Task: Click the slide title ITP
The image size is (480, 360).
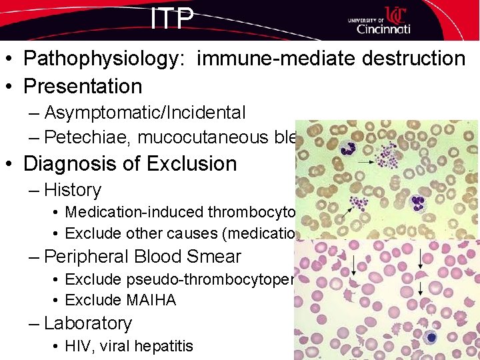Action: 172,18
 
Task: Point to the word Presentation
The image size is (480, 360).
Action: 83,87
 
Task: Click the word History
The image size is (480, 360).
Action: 73,190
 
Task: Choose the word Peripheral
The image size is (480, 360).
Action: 93,257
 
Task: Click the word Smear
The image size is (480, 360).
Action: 213,257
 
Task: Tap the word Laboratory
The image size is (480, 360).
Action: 88,323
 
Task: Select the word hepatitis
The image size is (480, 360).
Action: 163,346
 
